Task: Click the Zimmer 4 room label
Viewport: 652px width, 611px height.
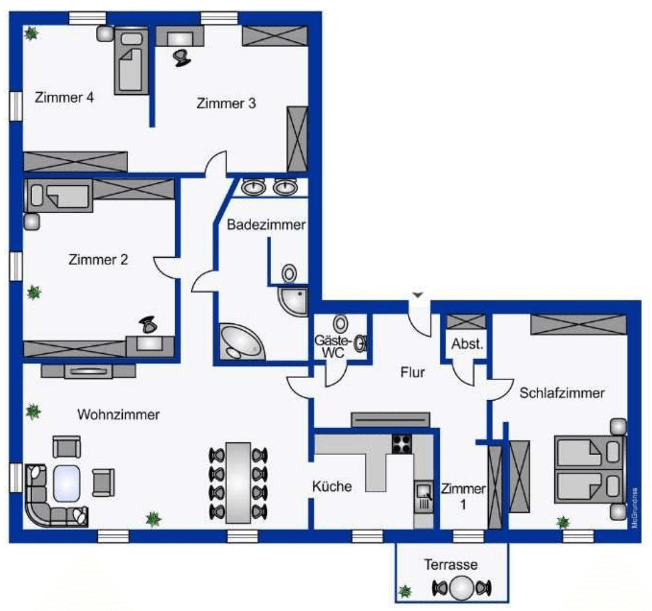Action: point(64,97)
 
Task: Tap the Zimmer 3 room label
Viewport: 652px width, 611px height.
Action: point(226,103)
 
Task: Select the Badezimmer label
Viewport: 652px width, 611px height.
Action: point(266,225)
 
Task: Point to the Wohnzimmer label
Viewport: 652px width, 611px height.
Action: point(119,414)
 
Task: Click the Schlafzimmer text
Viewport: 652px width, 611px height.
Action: point(562,393)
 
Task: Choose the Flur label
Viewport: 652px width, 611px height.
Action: point(412,373)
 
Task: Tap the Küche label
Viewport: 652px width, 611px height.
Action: point(332,487)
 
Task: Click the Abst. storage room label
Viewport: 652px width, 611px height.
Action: point(467,344)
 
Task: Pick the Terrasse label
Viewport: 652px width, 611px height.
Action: point(451,563)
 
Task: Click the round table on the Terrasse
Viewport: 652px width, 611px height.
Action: point(462,588)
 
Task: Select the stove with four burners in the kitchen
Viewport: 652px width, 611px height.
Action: point(402,444)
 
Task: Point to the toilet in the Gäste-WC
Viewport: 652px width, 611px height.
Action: point(340,325)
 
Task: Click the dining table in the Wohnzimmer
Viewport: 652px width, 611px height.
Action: point(239,482)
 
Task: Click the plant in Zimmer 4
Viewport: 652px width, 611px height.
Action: point(31,33)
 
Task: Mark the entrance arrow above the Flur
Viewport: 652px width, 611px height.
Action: point(418,295)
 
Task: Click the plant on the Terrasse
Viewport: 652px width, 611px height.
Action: point(405,591)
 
